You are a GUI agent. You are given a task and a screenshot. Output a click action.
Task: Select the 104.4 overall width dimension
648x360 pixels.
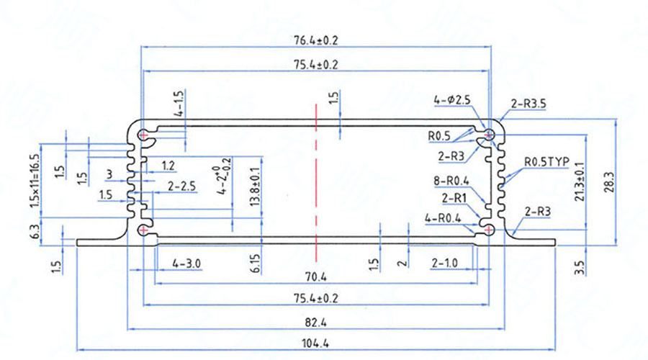[315, 343]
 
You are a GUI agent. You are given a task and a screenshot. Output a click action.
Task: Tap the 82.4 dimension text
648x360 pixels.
[315, 321]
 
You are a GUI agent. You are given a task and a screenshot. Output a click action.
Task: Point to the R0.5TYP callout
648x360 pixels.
[546, 162]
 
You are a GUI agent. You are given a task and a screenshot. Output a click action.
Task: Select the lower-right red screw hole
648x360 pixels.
[490, 230]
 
